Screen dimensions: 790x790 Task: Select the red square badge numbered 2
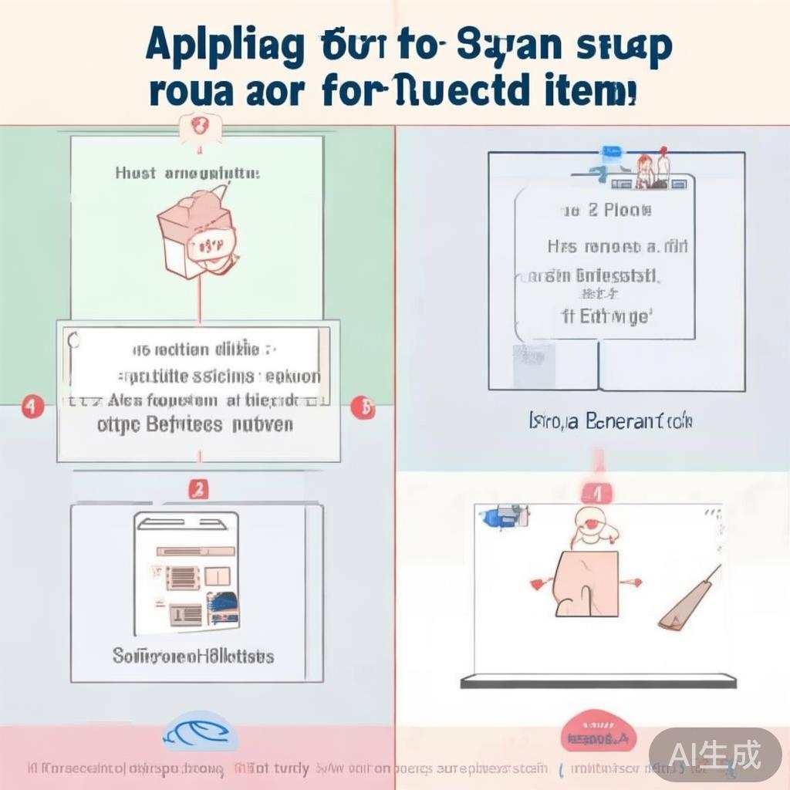pyautogui.click(x=198, y=488)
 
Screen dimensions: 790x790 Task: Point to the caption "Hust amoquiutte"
pyautogui.click(x=187, y=174)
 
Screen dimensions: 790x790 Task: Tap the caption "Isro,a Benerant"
pyautogui.click(x=610, y=421)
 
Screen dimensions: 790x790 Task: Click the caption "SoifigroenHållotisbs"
pyautogui.click(x=193, y=657)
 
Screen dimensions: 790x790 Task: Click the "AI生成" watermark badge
pyautogui.click(x=714, y=753)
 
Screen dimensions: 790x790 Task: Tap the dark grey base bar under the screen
pyautogui.click(x=598, y=681)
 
